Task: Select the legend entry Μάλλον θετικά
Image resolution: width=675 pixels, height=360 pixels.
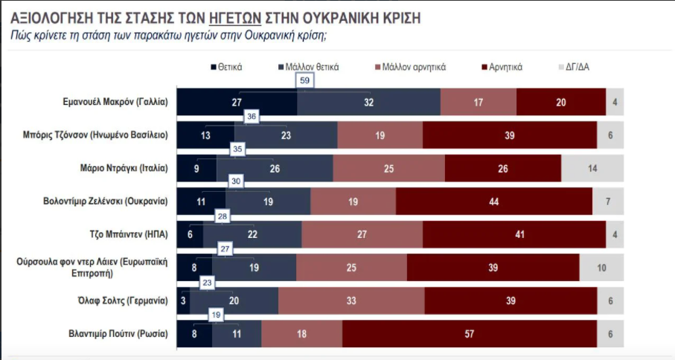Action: (x=312, y=67)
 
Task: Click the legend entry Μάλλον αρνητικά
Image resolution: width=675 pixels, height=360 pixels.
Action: (x=414, y=67)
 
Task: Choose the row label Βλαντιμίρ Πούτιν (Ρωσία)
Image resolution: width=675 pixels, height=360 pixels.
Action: (x=118, y=334)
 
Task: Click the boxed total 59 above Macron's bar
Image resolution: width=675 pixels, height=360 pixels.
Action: (x=304, y=80)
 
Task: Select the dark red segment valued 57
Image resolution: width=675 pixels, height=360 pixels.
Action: (x=470, y=334)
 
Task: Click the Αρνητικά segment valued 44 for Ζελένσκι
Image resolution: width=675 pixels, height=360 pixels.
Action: (x=494, y=202)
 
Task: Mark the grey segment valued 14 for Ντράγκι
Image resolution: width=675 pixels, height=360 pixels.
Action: (x=592, y=168)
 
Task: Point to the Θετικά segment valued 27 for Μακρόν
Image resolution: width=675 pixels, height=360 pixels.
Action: (x=238, y=102)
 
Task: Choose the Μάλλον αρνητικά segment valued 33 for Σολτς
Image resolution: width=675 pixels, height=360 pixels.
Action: (x=351, y=300)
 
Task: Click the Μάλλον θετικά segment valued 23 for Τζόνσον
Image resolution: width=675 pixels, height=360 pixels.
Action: (x=286, y=135)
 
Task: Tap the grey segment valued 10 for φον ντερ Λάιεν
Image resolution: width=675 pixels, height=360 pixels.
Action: (x=601, y=268)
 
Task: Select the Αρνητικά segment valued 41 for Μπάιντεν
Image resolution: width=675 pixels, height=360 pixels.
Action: (x=514, y=234)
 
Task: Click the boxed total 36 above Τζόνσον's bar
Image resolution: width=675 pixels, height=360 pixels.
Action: (x=252, y=116)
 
